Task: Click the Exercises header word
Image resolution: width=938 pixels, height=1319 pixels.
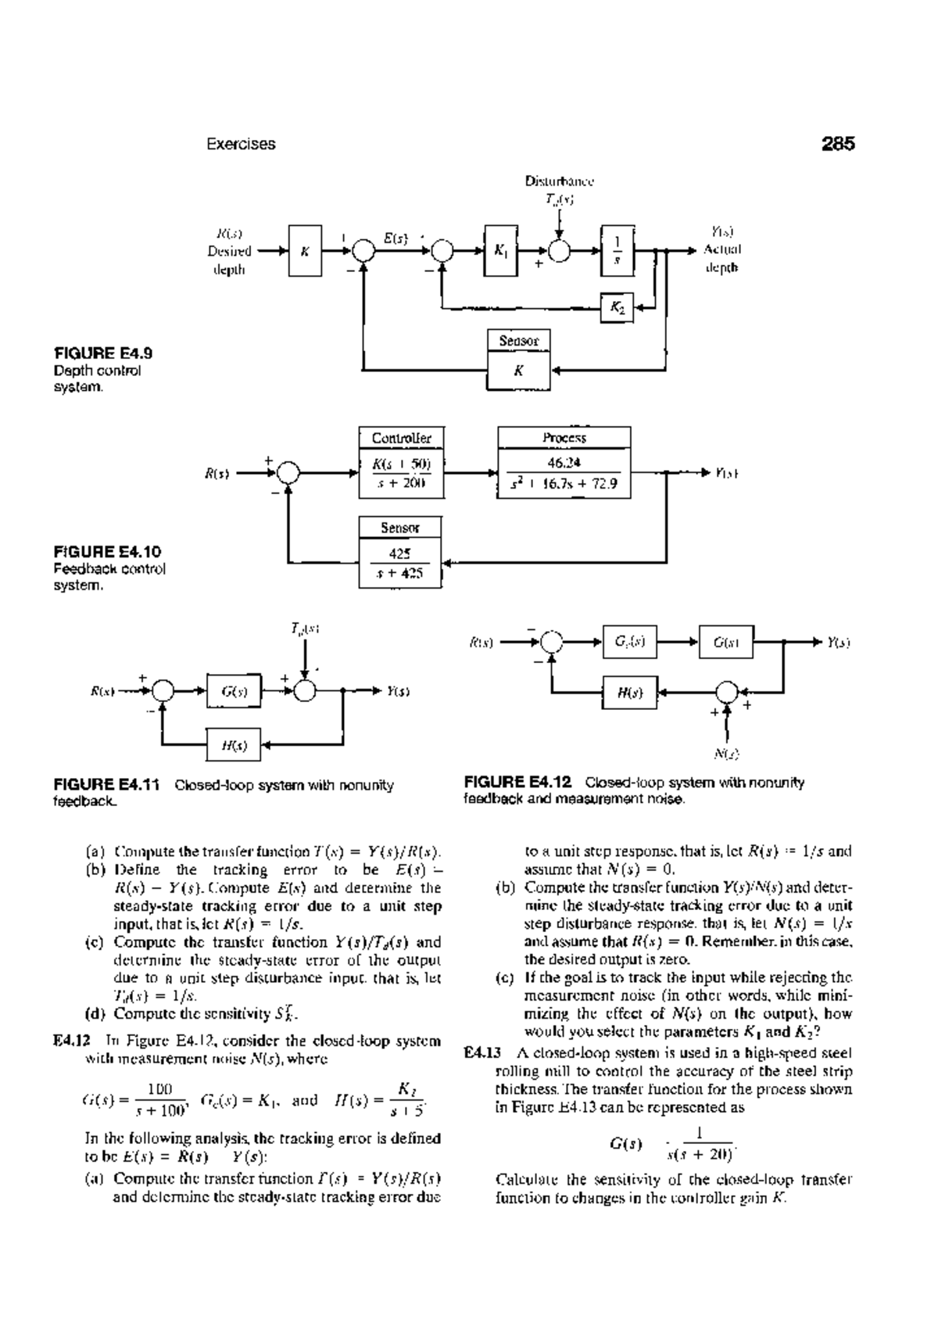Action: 241,144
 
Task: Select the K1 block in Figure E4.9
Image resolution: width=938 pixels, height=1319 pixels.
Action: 501,251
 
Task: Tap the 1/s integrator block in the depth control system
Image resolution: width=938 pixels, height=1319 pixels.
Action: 617,251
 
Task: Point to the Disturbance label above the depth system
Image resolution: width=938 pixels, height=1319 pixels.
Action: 560,181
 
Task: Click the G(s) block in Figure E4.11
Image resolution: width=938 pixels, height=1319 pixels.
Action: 234,691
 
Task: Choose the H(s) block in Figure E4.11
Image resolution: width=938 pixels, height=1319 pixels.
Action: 234,746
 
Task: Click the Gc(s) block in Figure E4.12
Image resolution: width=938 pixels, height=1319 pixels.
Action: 630,643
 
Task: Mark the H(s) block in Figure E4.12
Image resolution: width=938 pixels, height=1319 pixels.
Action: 630,692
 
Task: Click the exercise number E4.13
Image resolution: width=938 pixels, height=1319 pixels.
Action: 478,1052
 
